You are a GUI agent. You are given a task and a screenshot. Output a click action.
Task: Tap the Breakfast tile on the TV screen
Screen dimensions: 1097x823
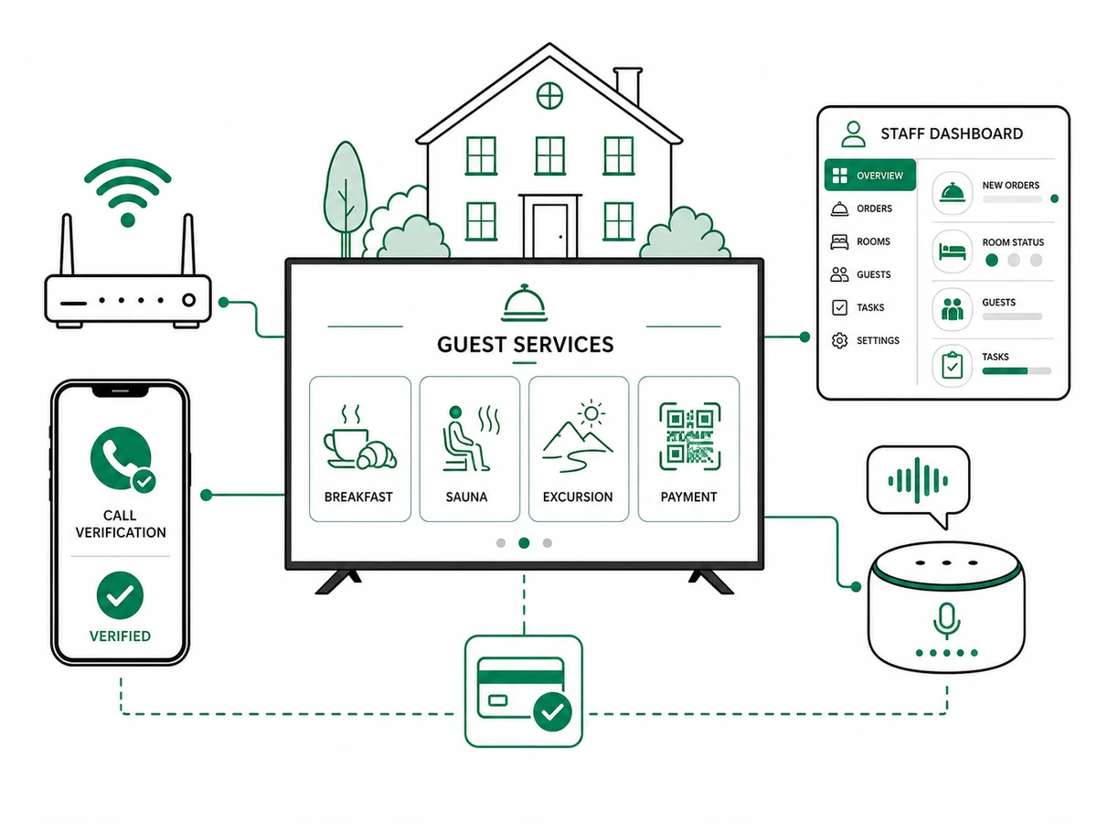coord(360,449)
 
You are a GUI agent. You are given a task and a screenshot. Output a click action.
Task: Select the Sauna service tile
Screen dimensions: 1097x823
coord(469,449)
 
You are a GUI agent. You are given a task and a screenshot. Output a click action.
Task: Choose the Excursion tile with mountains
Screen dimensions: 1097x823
coord(579,449)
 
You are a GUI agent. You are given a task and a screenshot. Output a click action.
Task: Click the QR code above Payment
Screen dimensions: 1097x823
coord(689,436)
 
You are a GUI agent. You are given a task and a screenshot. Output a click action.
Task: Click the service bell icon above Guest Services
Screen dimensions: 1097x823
coord(524,303)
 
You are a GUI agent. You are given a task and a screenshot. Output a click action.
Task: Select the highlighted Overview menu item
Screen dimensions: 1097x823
coord(870,175)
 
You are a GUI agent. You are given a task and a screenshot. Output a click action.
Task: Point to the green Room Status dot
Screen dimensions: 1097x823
coord(992,260)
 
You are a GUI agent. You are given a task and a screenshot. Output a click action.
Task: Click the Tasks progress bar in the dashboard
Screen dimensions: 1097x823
coord(1017,370)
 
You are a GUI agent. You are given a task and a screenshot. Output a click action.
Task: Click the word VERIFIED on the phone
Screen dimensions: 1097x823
coord(120,636)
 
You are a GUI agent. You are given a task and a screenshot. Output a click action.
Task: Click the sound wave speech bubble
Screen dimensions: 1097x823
coord(919,485)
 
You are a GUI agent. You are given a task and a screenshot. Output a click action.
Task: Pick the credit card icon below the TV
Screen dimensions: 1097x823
coord(524,691)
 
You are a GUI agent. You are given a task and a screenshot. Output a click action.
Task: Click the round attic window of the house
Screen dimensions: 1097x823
coord(549,95)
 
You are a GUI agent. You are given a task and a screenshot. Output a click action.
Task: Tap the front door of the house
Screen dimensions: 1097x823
coord(549,230)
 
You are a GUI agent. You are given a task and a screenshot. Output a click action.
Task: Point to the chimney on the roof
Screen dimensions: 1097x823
coord(628,85)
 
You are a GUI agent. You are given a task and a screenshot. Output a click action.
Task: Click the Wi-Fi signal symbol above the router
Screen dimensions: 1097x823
coord(128,193)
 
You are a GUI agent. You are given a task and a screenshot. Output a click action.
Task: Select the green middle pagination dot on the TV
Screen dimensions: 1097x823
coord(524,542)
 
